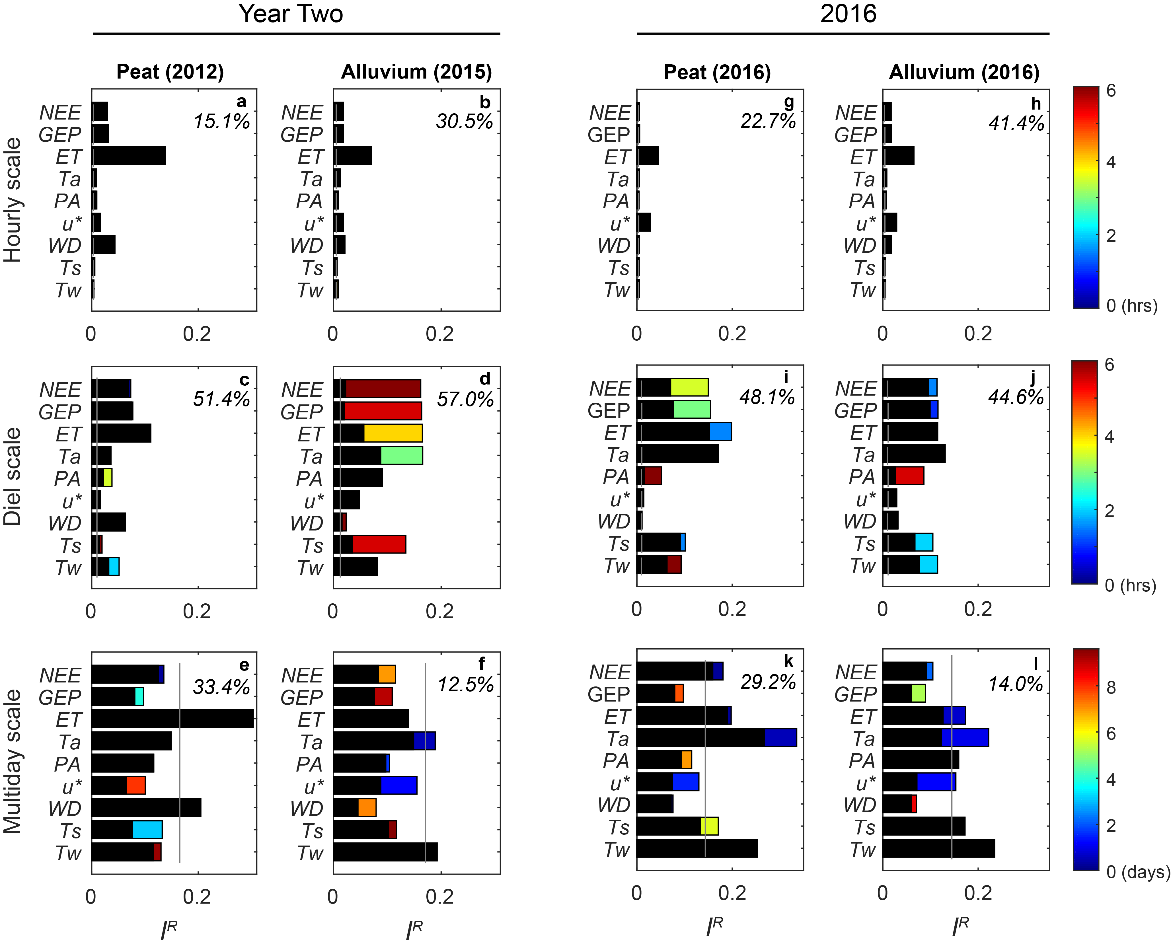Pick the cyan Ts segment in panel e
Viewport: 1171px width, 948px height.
(147, 830)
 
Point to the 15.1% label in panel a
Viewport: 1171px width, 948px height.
(222, 121)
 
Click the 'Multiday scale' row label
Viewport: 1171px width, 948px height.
(13, 762)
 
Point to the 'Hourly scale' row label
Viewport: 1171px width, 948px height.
(13, 200)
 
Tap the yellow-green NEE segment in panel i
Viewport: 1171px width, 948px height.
(690, 387)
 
